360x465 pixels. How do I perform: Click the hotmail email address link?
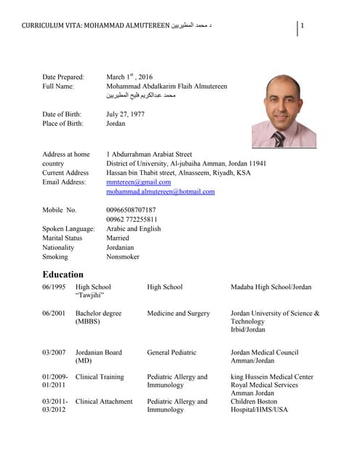pyautogui.click(x=160, y=192)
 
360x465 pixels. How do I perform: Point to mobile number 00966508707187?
pyautogui.click(x=131, y=210)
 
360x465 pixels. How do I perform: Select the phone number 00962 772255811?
pyautogui.click(x=132, y=219)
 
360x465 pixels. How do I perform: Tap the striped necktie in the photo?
pyautogui.click(x=279, y=137)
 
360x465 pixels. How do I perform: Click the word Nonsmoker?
pyautogui.click(x=123, y=256)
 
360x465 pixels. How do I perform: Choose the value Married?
pyautogui.click(x=118, y=238)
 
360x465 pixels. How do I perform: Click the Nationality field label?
pyautogui.click(x=58, y=247)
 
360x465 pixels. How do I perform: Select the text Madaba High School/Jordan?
pyautogui.click(x=271, y=287)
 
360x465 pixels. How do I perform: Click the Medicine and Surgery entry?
pyautogui.click(x=178, y=313)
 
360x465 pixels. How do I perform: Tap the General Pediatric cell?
pyautogui.click(x=172, y=352)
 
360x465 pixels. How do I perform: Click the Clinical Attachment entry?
pyautogui.click(x=104, y=401)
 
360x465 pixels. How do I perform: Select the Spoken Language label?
pyautogui.click(x=68, y=229)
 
